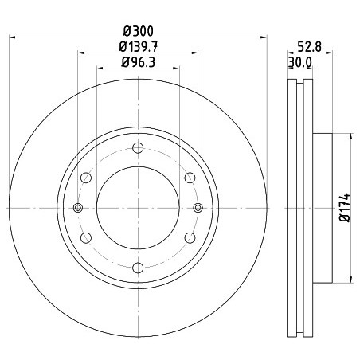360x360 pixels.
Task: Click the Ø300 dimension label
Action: (x=138, y=31)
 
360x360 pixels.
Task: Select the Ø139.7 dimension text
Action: (x=138, y=47)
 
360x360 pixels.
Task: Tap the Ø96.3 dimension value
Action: (x=138, y=62)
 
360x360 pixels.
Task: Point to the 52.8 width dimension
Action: (x=309, y=47)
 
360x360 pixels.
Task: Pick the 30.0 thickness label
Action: (x=300, y=63)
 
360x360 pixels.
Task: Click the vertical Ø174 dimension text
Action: (x=345, y=208)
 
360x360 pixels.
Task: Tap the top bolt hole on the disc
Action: (x=138, y=148)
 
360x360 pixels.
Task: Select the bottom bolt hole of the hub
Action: (x=138, y=268)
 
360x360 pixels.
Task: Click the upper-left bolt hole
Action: (x=86, y=178)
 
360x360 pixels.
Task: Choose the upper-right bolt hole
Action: (x=190, y=178)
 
